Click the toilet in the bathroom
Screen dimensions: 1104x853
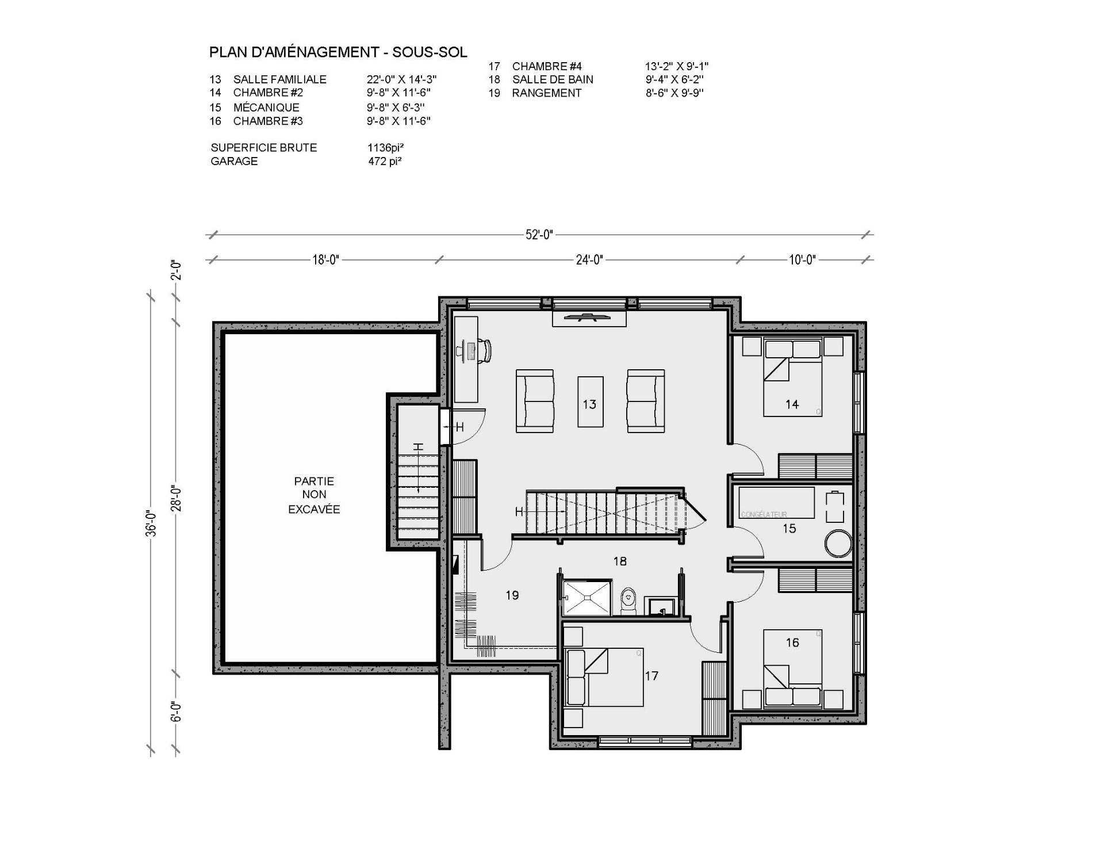628,600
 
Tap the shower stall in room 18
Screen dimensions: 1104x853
587,598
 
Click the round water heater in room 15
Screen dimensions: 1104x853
838,544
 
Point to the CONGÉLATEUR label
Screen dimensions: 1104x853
764,515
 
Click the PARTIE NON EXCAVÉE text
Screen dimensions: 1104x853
314,495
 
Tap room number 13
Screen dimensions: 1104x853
589,404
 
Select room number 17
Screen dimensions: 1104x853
651,676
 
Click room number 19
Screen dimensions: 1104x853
512,595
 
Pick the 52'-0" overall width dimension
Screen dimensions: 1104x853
539,234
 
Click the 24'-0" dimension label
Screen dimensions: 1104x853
589,259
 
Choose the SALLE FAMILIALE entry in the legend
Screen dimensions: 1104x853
279,79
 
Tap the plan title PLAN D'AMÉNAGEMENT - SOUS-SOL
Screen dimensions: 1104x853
338,52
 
